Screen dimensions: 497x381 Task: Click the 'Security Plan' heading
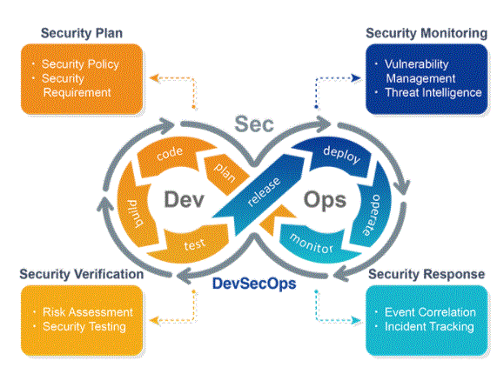coord(82,34)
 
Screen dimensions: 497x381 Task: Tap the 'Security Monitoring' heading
coord(426,34)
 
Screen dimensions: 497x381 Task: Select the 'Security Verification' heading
coord(82,274)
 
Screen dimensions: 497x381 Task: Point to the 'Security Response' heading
coord(426,274)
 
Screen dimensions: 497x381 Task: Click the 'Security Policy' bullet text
coord(80,64)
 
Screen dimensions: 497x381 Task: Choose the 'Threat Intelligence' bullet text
coord(433,92)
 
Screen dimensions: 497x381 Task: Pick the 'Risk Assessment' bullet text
coord(88,312)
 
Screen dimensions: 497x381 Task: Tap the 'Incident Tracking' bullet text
coord(429,326)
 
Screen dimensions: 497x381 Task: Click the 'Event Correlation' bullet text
coord(430,312)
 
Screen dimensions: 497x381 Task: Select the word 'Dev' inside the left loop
coord(184,199)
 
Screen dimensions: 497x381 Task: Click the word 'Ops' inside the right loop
coord(325,201)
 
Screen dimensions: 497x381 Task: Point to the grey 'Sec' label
coord(254,124)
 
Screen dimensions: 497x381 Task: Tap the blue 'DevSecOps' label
coord(254,284)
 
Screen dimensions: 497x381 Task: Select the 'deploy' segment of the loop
coord(337,156)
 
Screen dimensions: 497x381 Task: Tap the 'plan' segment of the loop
coord(225,173)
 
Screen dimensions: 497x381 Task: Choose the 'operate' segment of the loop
coord(372,212)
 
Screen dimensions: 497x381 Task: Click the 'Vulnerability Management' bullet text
coord(420,71)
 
